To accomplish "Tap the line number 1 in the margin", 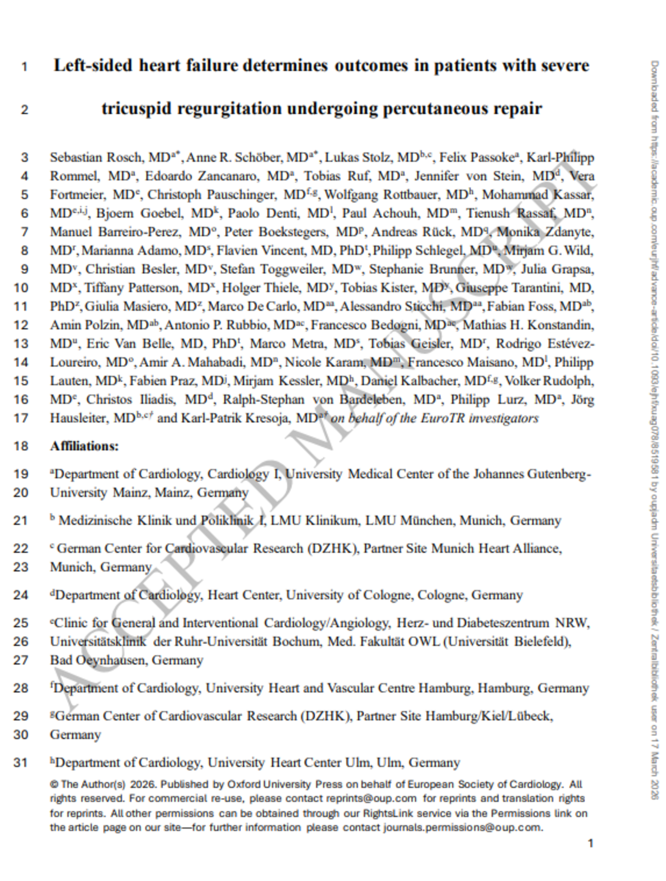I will tap(24, 66).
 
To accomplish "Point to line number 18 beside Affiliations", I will tap(21, 447).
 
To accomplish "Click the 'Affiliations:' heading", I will tap(84, 447).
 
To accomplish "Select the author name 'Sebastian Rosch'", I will tap(96, 158).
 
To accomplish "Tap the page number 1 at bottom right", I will tap(590, 843).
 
